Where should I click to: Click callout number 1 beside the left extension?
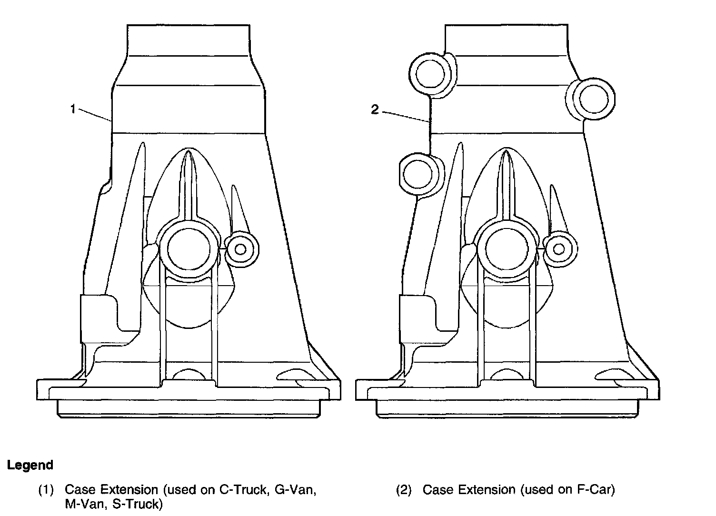(73, 109)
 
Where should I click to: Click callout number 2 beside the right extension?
(375, 110)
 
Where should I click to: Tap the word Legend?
(30, 465)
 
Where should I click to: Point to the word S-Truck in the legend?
(137, 504)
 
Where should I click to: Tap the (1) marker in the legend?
(46, 490)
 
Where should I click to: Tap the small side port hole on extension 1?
(240, 249)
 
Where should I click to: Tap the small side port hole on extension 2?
(559, 249)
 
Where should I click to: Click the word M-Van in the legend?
(81, 504)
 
